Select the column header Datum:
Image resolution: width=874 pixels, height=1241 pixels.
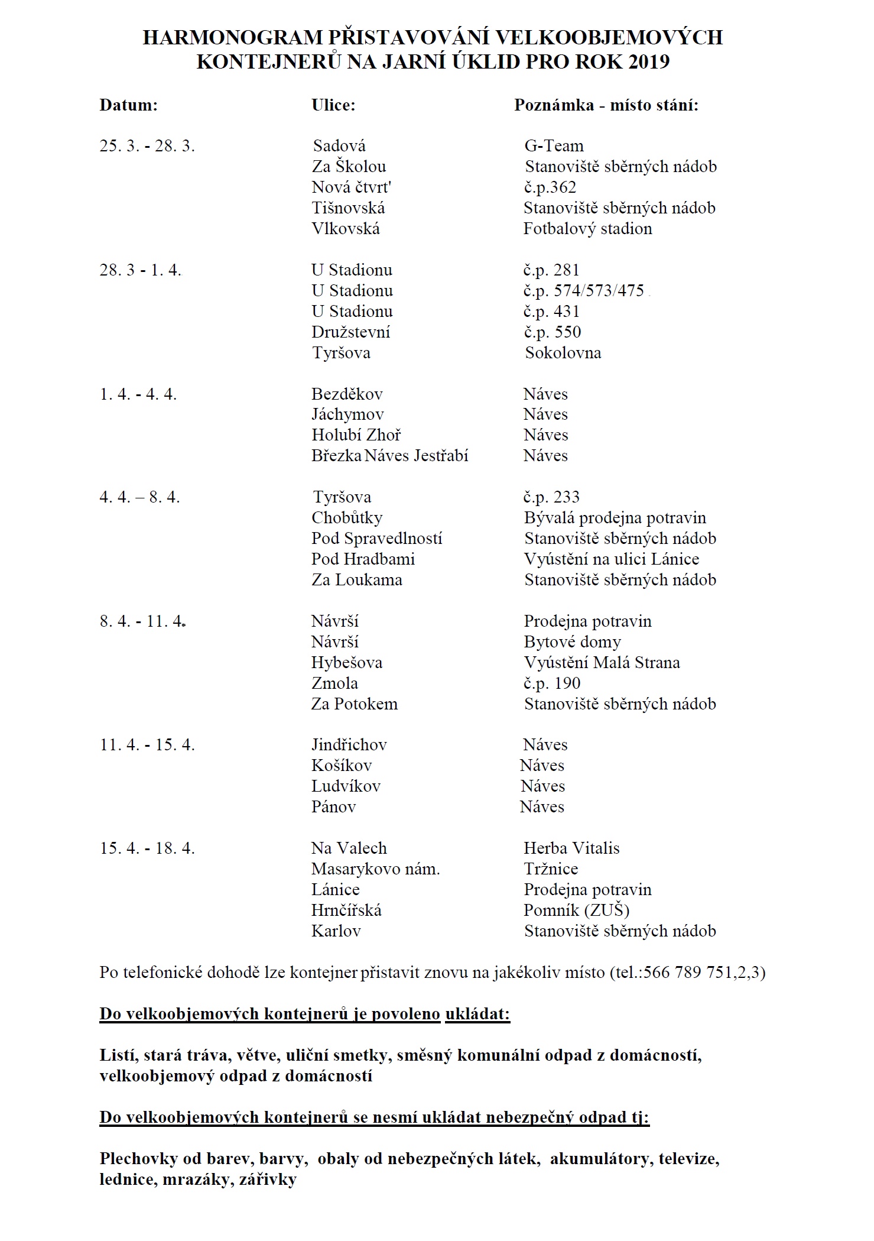(129, 105)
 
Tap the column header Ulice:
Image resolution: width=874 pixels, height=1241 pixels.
(333, 105)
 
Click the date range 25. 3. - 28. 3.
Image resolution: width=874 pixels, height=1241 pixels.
(147, 146)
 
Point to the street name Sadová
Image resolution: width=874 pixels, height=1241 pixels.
(339, 146)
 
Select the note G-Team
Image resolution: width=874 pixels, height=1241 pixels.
(554, 146)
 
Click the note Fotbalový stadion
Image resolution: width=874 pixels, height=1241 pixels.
(587, 229)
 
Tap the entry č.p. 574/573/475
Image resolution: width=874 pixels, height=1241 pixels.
(584, 291)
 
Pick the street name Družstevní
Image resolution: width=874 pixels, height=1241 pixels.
(351, 332)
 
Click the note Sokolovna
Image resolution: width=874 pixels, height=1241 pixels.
(563, 353)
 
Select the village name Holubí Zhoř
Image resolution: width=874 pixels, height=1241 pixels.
(356, 435)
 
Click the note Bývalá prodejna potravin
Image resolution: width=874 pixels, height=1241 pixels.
(615, 518)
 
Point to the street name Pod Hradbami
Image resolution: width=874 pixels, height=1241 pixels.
(363, 559)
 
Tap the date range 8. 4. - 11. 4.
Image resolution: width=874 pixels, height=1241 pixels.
(143, 621)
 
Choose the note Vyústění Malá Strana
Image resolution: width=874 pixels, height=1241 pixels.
(602, 663)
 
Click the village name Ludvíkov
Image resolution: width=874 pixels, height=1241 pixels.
(346, 786)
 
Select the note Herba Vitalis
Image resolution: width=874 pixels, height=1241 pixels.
(571, 848)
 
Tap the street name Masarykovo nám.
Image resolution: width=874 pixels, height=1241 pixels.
(376, 869)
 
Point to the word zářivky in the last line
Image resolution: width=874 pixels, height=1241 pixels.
(268, 1180)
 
